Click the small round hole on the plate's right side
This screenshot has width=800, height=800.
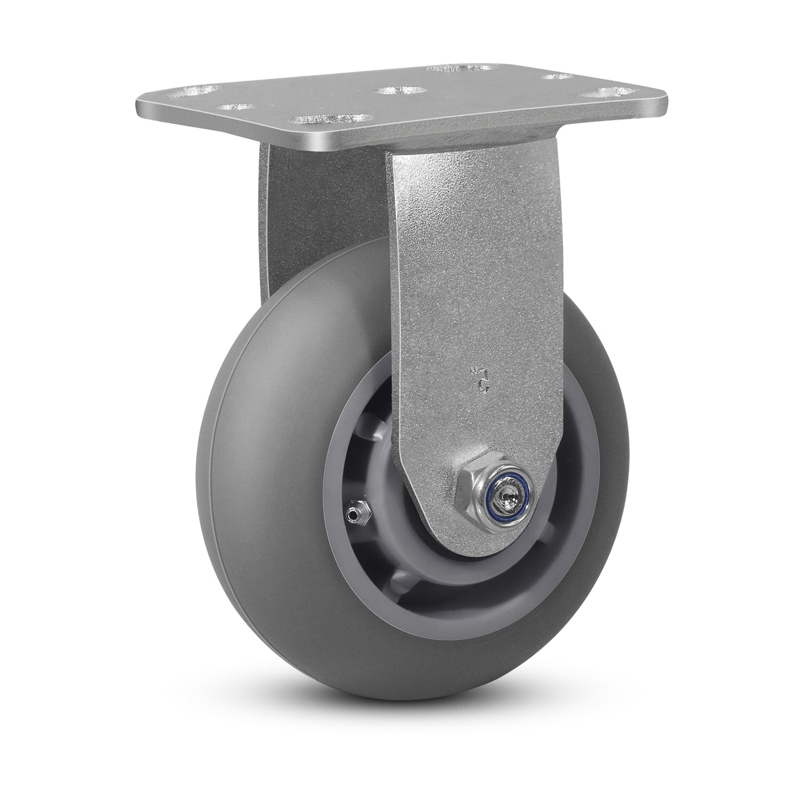click(556, 76)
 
